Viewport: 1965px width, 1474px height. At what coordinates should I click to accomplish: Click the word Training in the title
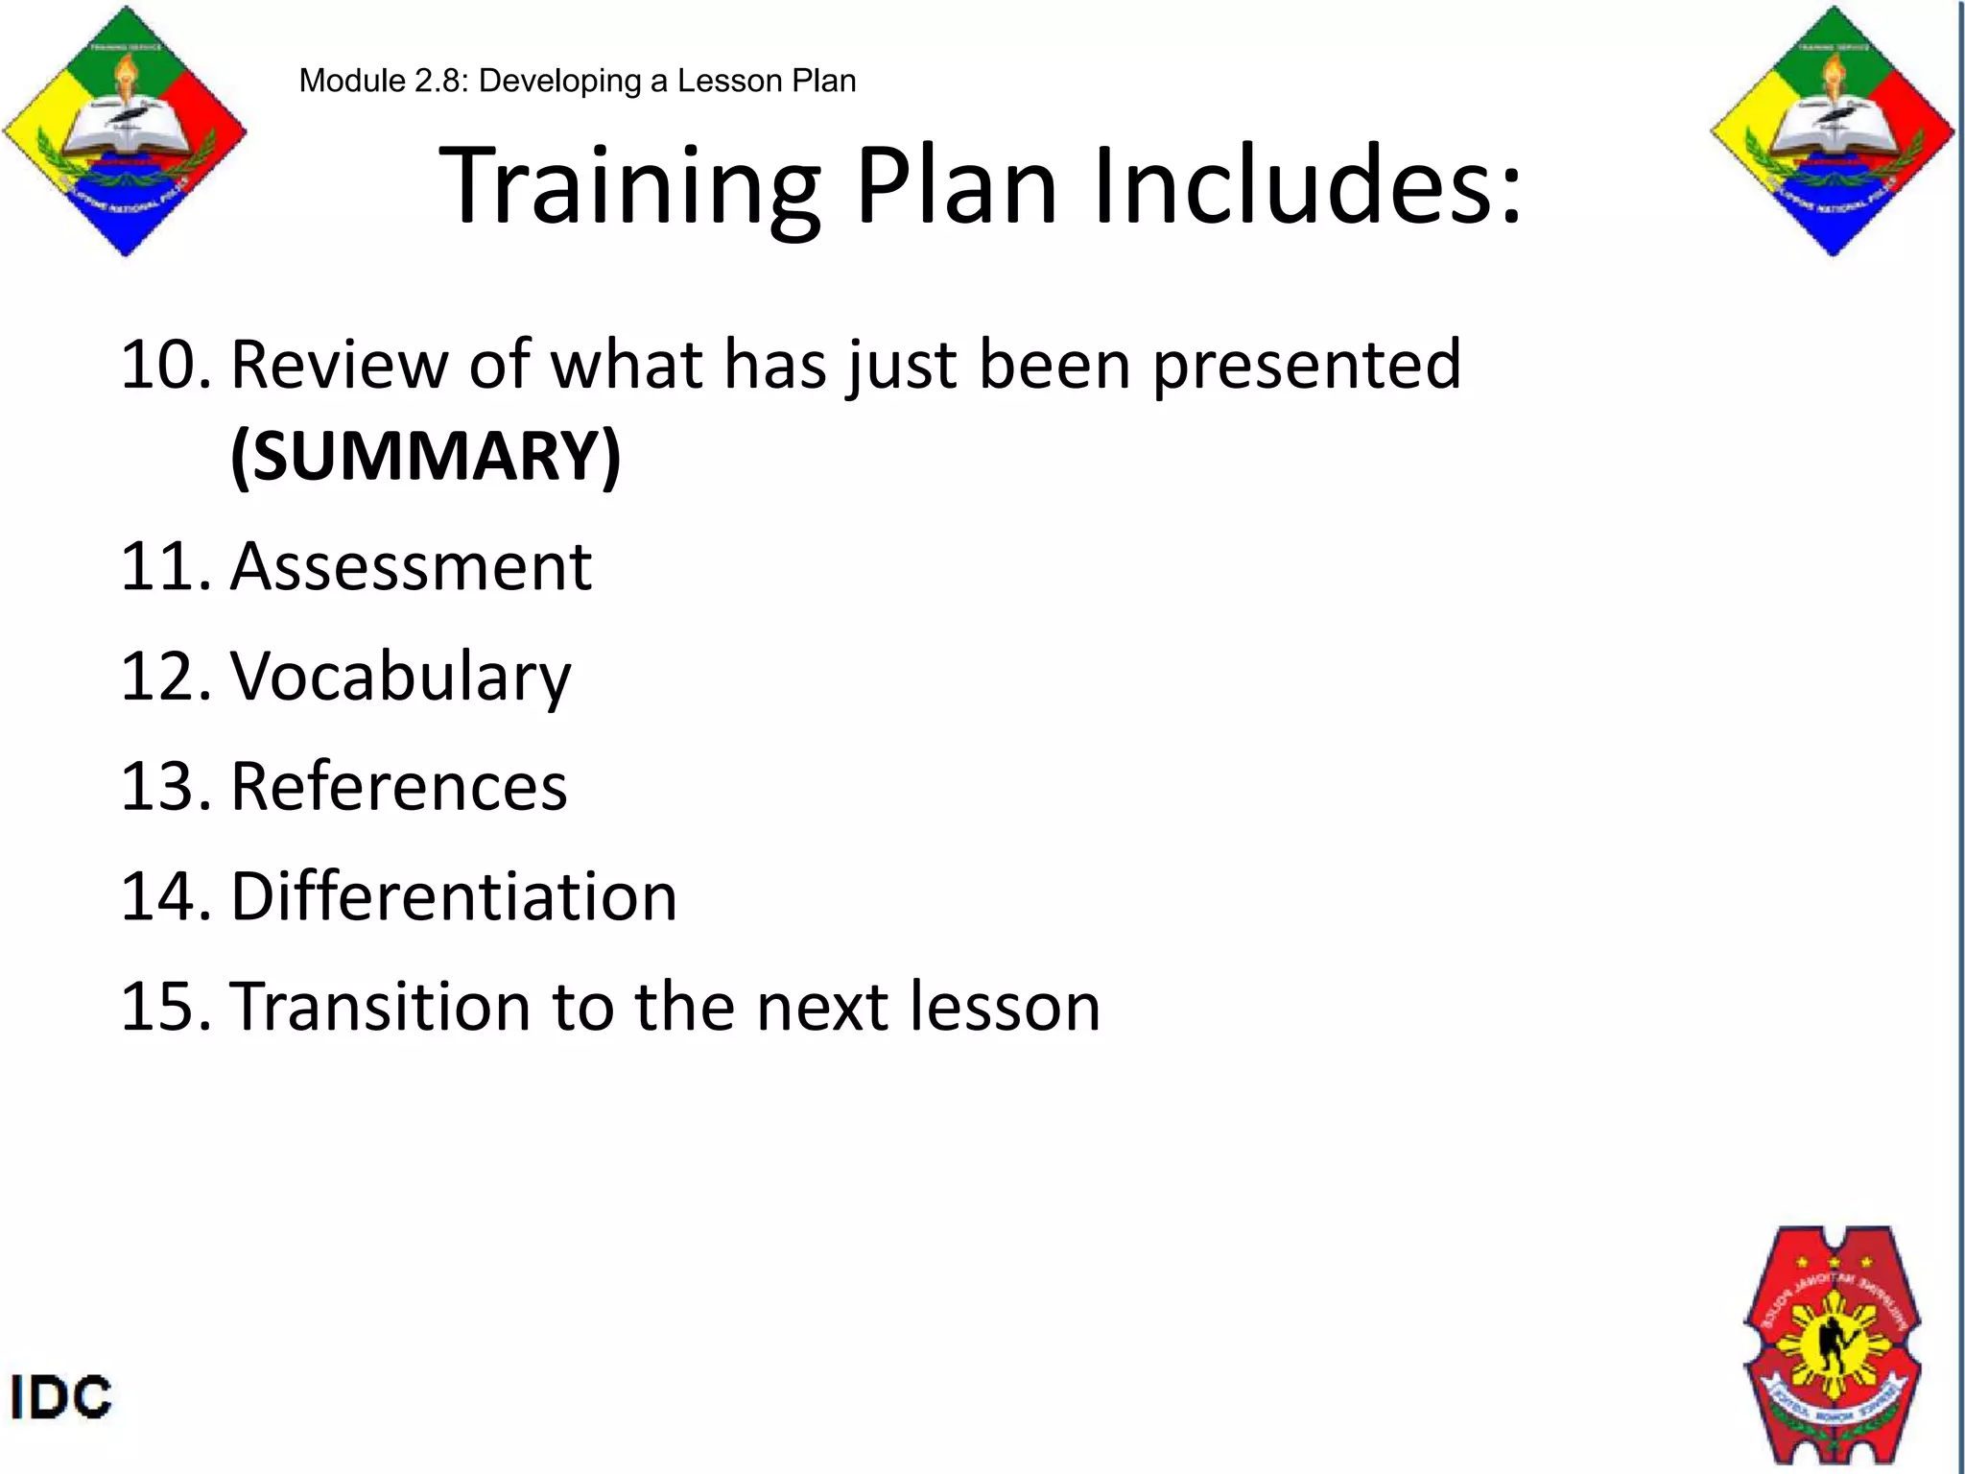coord(628,187)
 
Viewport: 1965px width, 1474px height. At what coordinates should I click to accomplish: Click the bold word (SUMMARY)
coord(426,456)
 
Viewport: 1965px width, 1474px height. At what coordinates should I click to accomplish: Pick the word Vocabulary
coord(400,678)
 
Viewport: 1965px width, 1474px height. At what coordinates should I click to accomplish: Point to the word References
coord(399,787)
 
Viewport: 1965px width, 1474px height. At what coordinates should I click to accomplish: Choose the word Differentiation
coord(454,897)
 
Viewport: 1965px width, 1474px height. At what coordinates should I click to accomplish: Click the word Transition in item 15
coord(381,1008)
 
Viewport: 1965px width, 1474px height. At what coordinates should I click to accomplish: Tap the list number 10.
coord(163,367)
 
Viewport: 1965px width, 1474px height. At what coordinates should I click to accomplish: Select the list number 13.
coord(163,787)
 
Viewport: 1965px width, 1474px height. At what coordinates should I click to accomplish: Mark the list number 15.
coord(163,1008)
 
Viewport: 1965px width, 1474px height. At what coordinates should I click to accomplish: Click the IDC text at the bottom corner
coord(60,1397)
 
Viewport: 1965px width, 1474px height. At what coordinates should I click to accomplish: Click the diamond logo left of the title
coord(125,131)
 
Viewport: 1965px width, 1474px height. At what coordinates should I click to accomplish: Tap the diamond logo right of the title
coord(1833,131)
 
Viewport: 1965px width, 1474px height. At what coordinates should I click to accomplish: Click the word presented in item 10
coord(1306,367)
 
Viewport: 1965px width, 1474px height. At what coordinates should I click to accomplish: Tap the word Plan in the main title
coord(956,187)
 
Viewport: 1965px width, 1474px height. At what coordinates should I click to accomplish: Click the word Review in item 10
coord(340,367)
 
